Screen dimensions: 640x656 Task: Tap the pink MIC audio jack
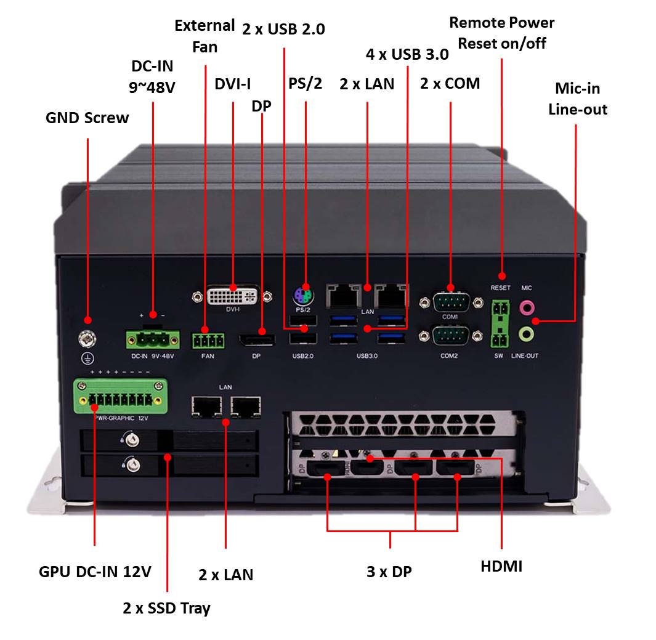coord(526,306)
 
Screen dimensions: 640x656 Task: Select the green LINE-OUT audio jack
coord(526,334)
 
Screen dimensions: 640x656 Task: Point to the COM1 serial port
coord(450,302)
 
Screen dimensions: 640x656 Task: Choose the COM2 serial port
coord(450,336)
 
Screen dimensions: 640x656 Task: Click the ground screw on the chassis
coord(87,338)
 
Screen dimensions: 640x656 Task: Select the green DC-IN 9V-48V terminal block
coord(153,338)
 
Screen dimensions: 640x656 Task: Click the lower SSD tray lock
coord(131,464)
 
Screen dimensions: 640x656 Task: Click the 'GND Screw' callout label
coord(87,118)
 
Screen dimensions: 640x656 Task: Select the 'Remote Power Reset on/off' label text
coord(501,33)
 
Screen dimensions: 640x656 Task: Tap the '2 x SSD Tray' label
coord(166,609)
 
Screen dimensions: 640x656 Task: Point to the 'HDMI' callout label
coord(501,567)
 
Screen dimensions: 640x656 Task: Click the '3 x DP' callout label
coord(389,572)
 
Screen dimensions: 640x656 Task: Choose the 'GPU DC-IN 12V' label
coord(95,572)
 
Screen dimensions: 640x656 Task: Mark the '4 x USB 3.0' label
coord(407,54)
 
